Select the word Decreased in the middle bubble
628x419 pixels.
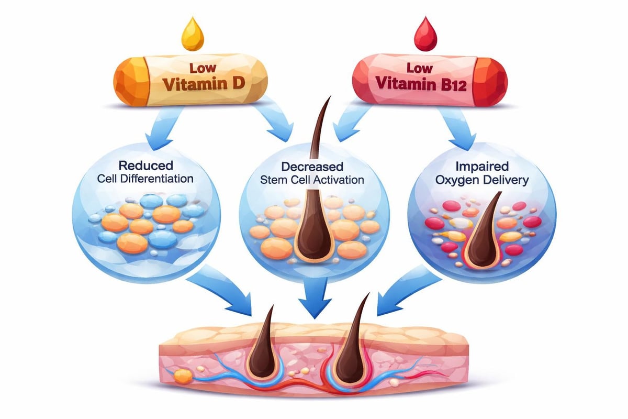312,167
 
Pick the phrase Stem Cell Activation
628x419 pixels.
312,181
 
